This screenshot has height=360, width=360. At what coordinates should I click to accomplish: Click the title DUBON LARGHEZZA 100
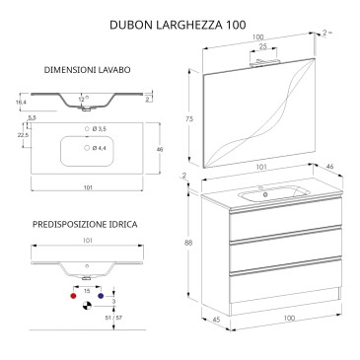178,25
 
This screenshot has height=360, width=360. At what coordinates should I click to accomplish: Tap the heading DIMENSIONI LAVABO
88,70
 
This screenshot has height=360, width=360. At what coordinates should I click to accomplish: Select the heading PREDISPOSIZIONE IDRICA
85,225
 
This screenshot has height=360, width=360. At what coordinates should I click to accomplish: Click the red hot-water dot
73,296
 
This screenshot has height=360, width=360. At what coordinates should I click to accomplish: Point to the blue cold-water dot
101,296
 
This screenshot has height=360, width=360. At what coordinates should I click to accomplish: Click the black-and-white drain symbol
87,306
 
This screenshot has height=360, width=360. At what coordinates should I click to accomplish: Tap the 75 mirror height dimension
189,119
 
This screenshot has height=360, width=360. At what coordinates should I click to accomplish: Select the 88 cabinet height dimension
188,243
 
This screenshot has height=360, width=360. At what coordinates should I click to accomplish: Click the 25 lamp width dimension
263,46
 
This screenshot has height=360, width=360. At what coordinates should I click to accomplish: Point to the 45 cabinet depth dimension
216,320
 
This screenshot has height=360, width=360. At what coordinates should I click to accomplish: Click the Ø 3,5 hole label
100,129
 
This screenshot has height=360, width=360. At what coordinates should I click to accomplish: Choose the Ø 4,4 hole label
100,148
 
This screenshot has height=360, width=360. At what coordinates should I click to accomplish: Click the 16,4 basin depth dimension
21,103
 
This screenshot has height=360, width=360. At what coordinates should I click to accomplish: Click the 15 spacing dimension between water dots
87,291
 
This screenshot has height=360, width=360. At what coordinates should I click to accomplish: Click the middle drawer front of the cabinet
286,250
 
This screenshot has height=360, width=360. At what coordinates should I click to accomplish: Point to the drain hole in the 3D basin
265,194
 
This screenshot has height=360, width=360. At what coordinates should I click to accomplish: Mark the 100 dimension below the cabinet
289,318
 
